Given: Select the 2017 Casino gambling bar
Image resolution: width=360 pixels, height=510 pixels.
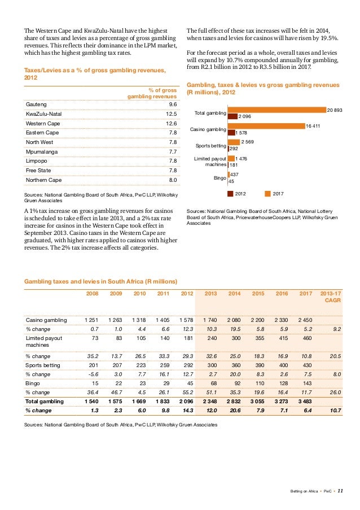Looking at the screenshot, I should click(266, 126).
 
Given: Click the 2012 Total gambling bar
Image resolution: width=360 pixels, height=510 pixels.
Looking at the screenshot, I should click(232, 116).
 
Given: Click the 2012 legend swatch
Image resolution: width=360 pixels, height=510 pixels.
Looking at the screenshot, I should click(230, 194).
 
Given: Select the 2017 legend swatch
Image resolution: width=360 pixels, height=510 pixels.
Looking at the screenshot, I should click(267, 194).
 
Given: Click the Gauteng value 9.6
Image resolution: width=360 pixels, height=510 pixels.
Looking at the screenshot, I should click(173, 104).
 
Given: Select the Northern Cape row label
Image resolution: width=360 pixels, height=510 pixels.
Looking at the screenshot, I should click(45, 180).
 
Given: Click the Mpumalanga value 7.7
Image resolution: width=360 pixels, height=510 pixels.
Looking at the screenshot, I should click(173, 152).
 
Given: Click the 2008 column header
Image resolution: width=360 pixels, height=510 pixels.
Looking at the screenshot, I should click(92, 294).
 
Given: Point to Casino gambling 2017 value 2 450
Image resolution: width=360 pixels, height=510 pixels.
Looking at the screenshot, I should click(305, 320).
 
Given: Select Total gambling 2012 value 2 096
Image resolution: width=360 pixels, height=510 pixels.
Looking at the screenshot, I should click(186, 402).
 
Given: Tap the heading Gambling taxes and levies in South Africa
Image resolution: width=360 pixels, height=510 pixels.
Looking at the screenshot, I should click(100, 281).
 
